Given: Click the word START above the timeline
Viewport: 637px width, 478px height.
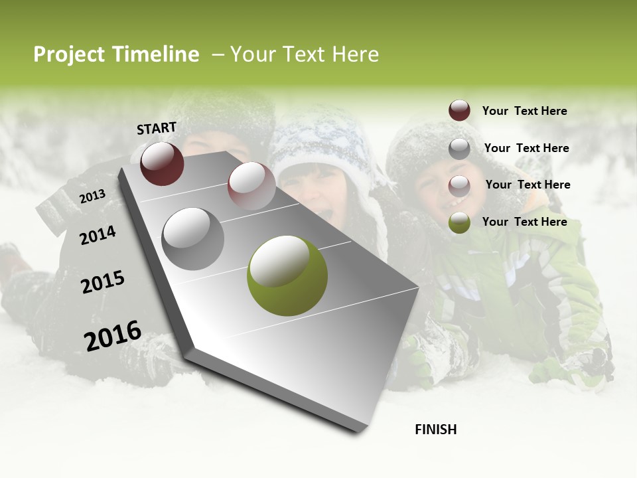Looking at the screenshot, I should coord(157,128).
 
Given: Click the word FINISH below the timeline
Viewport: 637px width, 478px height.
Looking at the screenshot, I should coord(436,430).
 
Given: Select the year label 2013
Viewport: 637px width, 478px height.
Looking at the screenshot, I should coord(92,197).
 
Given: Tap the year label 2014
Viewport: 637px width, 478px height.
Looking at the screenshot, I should coord(98,235).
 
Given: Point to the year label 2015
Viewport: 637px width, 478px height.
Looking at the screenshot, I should coord(103,282).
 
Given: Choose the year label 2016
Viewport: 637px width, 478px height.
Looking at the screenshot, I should coord(113,335).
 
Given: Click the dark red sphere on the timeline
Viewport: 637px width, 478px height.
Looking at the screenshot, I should coord(162,163).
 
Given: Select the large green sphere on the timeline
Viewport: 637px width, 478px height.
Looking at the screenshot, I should coord(287,276).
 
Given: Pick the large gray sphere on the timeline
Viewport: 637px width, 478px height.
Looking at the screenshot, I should coord(192,238).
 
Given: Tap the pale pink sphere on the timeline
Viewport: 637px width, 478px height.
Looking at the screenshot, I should coord(251,186).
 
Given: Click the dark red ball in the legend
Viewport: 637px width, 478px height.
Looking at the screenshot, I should coord(459,110).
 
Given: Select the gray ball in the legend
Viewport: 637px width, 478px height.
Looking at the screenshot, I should coord(459,149).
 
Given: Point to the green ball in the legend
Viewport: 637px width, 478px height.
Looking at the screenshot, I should coord(459,222).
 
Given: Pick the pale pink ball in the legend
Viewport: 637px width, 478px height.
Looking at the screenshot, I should coord(459,186).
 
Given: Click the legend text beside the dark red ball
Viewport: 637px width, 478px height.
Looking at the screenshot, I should coord(524,111).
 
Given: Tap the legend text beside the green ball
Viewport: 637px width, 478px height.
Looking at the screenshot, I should coord(524,222).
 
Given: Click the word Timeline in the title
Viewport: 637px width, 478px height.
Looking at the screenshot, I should coord(155,54).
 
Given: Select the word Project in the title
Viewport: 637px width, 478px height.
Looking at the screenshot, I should coord(69,55).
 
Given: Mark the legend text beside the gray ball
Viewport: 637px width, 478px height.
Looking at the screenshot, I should coord(526,148).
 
